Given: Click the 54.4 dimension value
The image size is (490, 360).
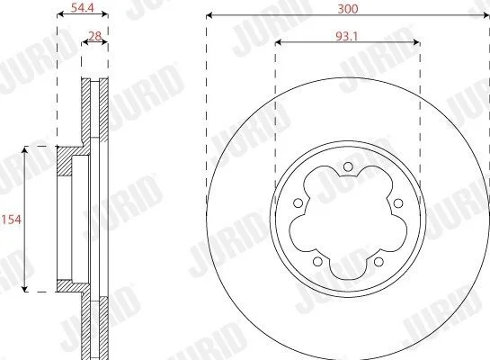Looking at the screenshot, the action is point(82,7).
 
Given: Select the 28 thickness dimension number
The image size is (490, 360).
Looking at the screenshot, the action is point(95,37).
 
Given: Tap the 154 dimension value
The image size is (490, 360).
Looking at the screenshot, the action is point(12,220).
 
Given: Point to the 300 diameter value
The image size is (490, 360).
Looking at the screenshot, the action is point(348,9).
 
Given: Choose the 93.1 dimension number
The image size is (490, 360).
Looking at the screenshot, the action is point(346,37).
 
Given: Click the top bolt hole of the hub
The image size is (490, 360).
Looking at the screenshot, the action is point(348,166).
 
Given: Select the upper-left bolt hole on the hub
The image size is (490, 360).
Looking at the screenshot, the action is point(298,203).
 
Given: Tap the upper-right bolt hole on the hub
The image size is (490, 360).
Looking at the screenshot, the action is point(398,203).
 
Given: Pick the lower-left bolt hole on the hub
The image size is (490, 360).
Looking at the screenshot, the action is point(317,261).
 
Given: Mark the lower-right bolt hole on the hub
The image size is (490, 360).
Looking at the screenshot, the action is point(379,261).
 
